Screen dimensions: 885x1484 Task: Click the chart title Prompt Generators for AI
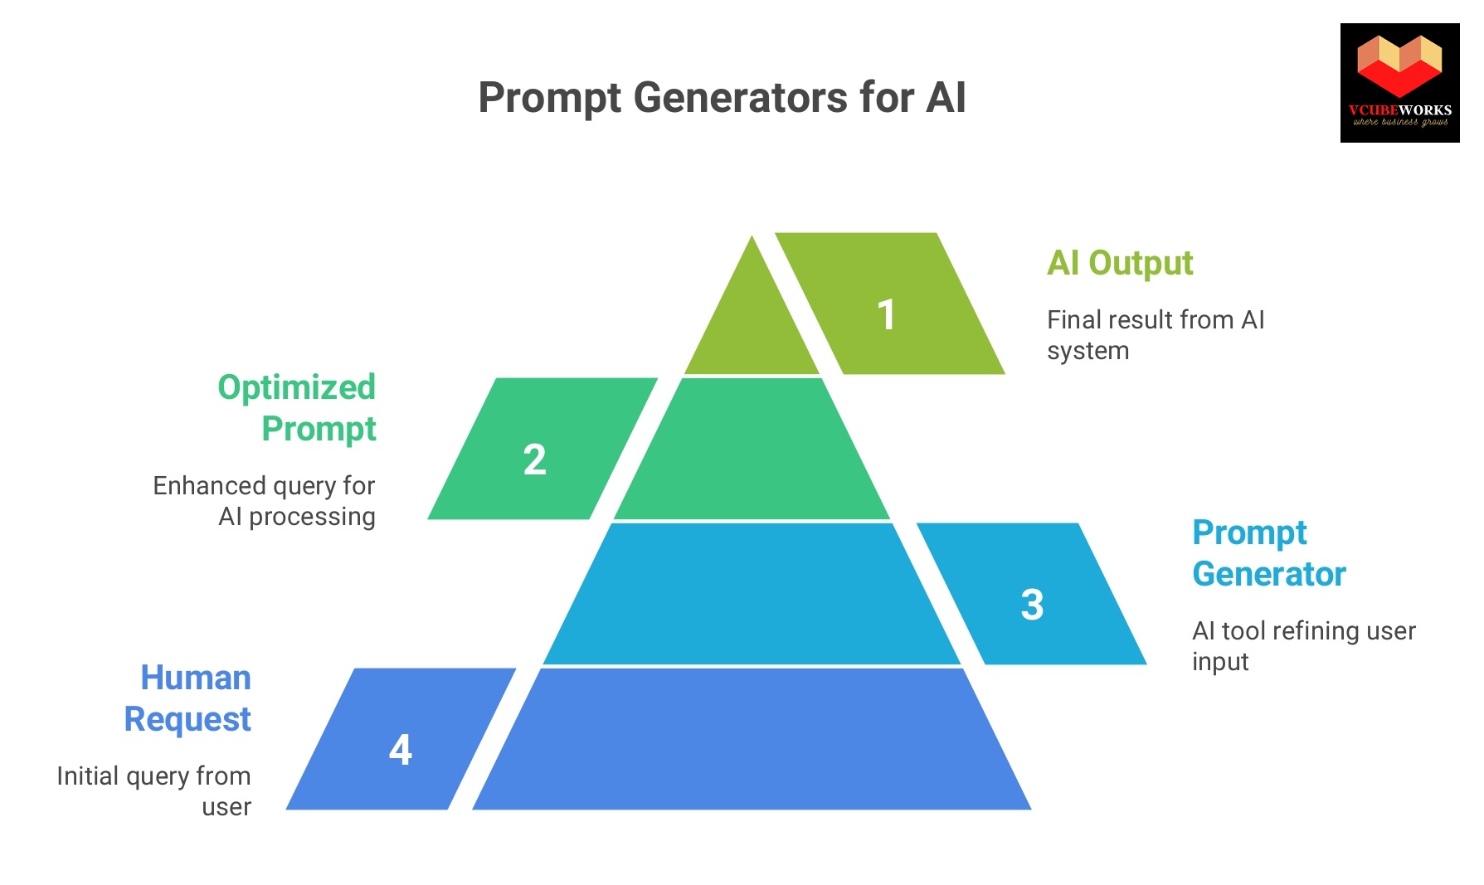tap(722, 98)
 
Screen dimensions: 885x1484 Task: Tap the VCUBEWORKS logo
tap(1399, 83)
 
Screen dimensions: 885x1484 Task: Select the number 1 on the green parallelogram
tap(886, 315)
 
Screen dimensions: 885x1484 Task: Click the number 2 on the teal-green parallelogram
tap(535, 460)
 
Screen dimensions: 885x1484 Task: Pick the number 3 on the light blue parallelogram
tap(1032, 605)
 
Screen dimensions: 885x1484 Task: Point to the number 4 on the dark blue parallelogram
tap(400, 750)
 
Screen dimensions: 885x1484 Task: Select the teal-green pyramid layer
tap(752, 452)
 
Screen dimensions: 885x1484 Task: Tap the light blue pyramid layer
tap(752, 596)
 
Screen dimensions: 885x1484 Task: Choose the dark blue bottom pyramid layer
tap(752, 740)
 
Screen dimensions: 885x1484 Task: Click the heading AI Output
tap(1120, 264)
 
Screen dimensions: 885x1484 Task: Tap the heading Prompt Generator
tap(1267, 553)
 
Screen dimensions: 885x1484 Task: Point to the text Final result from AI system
tap(1155, 335)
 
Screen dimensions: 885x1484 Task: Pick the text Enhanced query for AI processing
tap(265, 501)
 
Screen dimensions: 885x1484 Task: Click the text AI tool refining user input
tap(1302, 646)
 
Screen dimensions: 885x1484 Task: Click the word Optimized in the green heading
tap(297, 387)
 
